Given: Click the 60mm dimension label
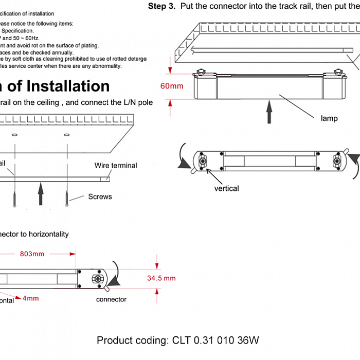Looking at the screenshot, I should click(x=171, y=86).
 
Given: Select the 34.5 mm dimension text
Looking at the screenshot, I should click(x=161, y=278).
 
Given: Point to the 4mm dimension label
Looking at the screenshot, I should click(x=30, y=298).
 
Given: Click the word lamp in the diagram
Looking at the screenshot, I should click(x=329, y=118).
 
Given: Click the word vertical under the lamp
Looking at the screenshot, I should click(x=226, y=188).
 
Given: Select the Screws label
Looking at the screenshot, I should click(x=100, y=196).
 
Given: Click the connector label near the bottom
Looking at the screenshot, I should click(x=111, y=299).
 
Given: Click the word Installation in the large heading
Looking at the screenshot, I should click(x=68, y=86).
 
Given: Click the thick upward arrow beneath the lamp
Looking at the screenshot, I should click(x=268, y=113).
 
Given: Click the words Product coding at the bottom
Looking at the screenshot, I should click(x=131, y=340).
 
